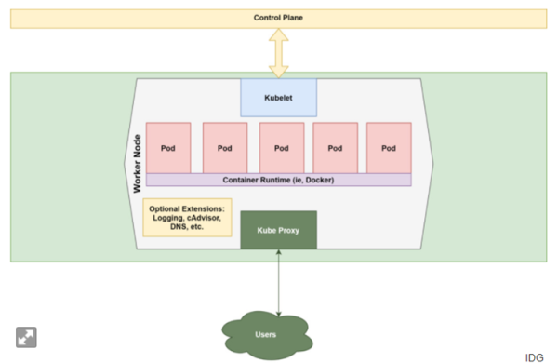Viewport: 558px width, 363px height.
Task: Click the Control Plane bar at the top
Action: coord(279,18)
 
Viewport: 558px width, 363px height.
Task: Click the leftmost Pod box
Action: coord(168,147)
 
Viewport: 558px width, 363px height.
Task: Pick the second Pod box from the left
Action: coord(225,147)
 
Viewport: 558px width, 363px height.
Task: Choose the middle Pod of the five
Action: coord(282,147)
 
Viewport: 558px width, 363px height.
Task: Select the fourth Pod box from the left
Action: coord(336,147)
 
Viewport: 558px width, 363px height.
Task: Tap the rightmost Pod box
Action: coord(389,147)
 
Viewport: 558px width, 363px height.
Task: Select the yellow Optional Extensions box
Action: coord(187,217)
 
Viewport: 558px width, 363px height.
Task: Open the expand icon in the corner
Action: coord(25,337)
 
